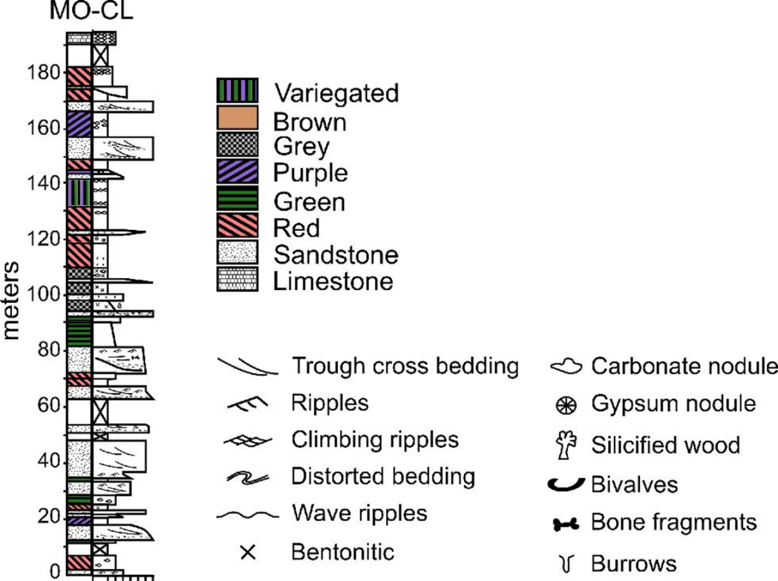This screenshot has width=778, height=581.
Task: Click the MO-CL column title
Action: [x=91, y=11]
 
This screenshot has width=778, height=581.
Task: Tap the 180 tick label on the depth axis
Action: [x=44, y=73]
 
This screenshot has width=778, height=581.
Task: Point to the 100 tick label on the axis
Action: [x=44, y=295]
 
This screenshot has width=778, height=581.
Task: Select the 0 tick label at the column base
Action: [x=55, y=571]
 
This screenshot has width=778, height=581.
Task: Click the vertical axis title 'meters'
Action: [x=10, y=301]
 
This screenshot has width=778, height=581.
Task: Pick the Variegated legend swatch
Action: [x=237, y=91]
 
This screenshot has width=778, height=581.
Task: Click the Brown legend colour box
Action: [x=237, y=118]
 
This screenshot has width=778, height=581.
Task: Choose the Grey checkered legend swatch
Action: [x=237, y=145]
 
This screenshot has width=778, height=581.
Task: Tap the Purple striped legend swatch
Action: [x=237, y=171]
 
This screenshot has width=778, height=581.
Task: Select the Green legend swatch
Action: [x=237, y=198]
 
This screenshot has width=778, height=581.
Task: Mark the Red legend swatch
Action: [x=237, y=225]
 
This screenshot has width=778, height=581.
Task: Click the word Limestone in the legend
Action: [x=333, y=281]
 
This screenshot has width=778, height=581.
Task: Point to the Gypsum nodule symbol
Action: [x=566, y=405]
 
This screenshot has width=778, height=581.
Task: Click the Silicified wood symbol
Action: [x=566, y=444]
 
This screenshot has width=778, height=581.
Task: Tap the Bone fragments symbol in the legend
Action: [x=566, y=524]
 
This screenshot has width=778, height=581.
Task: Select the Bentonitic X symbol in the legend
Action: [x=248, y=552]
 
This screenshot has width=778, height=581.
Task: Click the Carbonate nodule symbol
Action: [x=566, y=367]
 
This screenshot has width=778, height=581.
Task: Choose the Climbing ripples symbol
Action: [x=248, y=440]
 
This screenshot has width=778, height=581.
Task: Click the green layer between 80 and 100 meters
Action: [x=79, y=332]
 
